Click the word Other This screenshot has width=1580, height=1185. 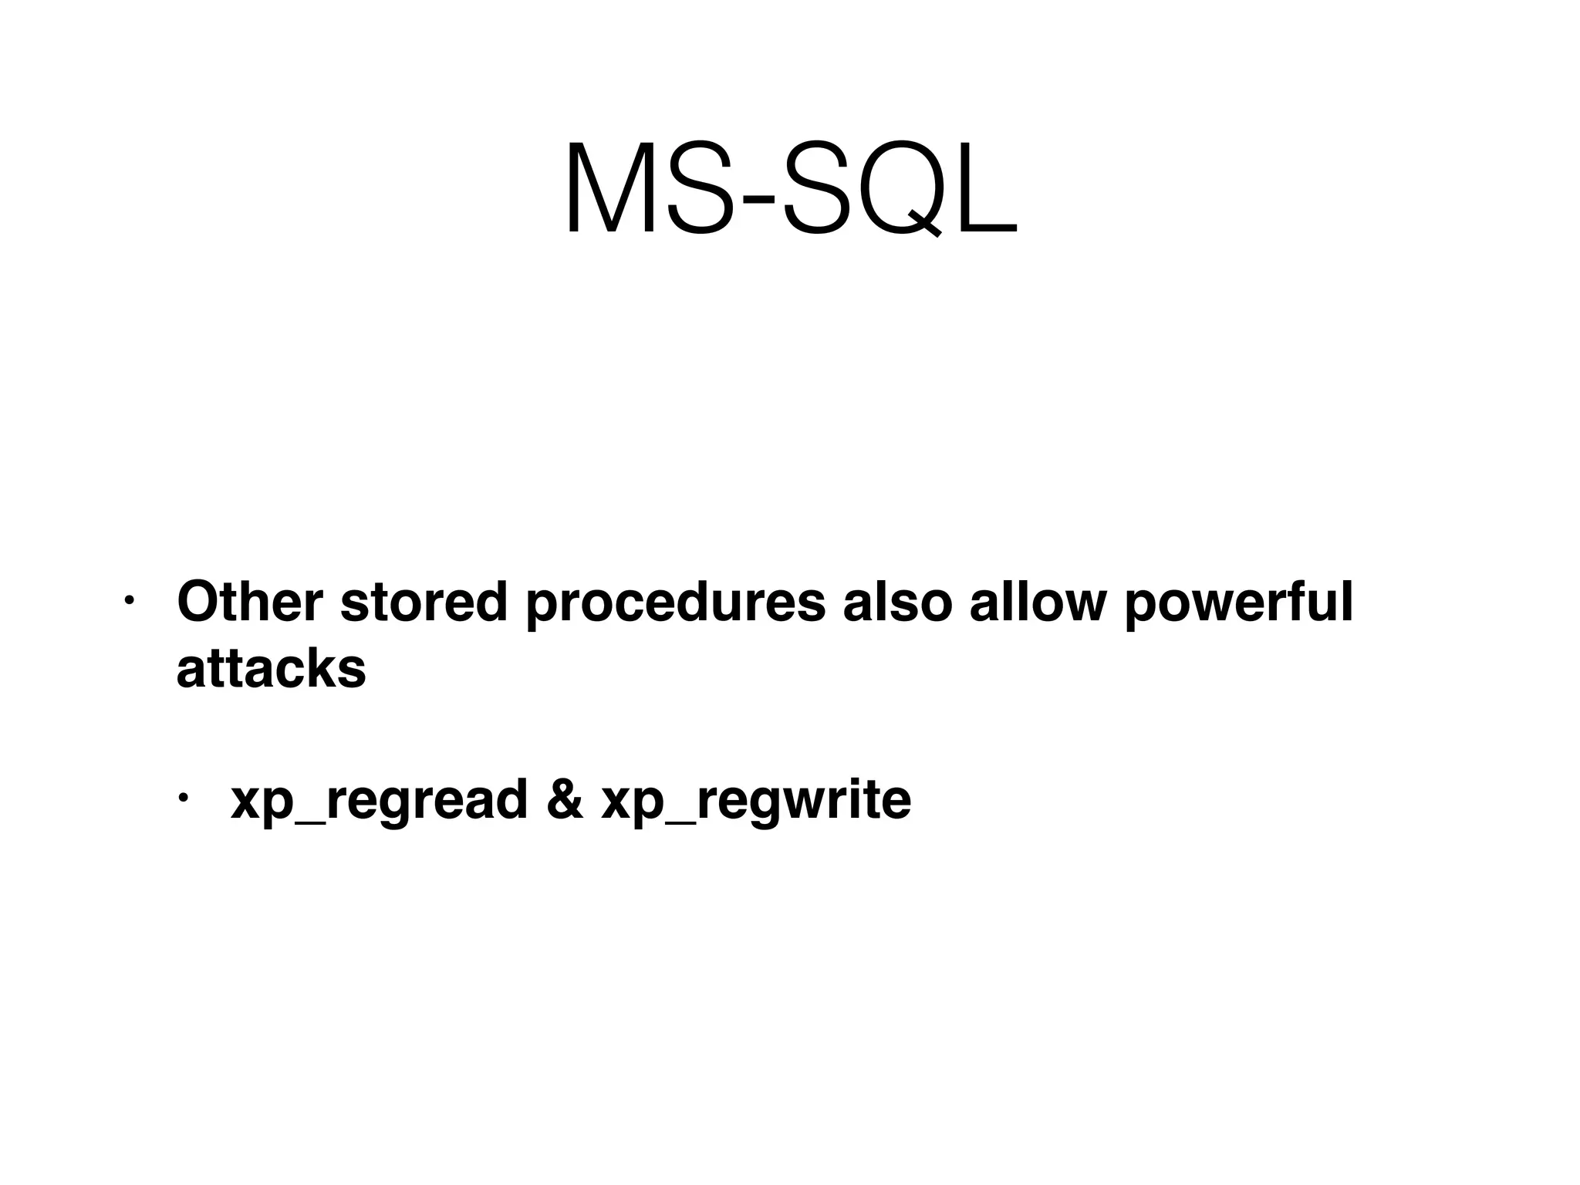pyautogui.click(x=249, y=602)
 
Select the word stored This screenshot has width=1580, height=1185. pyautogui.click(x=424, y=602)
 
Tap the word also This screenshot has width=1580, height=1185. pyautogui.click(x=897, y=602)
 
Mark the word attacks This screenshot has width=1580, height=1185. pyautogui.click(x=271, y=668)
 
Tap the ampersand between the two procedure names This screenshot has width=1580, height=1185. pyautogui.click(x=565, y=799)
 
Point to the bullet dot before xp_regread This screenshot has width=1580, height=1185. pyautogui.click(x=183, y=798)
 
